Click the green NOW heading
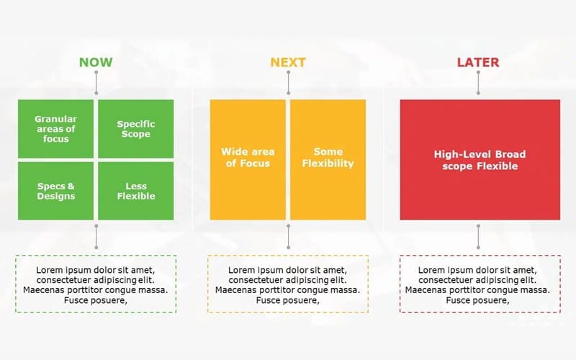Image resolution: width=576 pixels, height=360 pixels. pyautogui.click(x=96, y=62)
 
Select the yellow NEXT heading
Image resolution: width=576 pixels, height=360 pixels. pyautogui.click(x=288, y=62)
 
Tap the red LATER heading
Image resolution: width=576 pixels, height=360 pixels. pyautogui.click(x=478, y=62)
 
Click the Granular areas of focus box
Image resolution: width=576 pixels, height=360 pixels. pyautogui.click(x=55, y=128)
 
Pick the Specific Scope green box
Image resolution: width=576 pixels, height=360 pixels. pyautogui.click(x=136, y=128)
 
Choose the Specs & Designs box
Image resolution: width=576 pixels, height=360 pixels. pyautogui.click(x=55, y=191)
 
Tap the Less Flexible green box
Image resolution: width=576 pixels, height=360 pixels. pyautogui.click(x=136, y=191)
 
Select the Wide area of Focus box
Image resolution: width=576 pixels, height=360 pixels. pyautogui.click(x=248, y=159)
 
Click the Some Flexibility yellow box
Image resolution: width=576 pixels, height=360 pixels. pyautogui.click(x=328, y=159)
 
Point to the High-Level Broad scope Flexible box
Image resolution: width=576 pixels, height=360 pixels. pyautogui.click(x=480, y=159)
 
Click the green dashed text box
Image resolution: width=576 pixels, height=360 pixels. pyautogui.click(x=96, y=283)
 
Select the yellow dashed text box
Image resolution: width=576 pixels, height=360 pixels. pyautogui.click(x=288, y=283)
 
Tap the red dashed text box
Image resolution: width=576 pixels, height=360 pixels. pyautogui.click(x=480, y=283)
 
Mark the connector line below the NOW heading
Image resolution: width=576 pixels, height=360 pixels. pyautogui.click(x=96, y=83)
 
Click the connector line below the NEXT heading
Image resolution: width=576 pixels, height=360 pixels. pyautogui.click(x=288, y=83)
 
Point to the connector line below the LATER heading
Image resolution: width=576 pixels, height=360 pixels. pyautogui.click(x=478, y=83)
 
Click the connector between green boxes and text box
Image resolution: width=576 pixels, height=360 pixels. pyautogui.click(x=96, y=236)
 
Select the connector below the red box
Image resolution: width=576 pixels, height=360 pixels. pyautogui.click(x=478, y=236)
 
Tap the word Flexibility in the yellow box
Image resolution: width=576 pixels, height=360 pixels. pyautogui.click(x=328, y=163)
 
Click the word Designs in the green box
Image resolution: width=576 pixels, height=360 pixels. pyautogui.click(x=55, y=196)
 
